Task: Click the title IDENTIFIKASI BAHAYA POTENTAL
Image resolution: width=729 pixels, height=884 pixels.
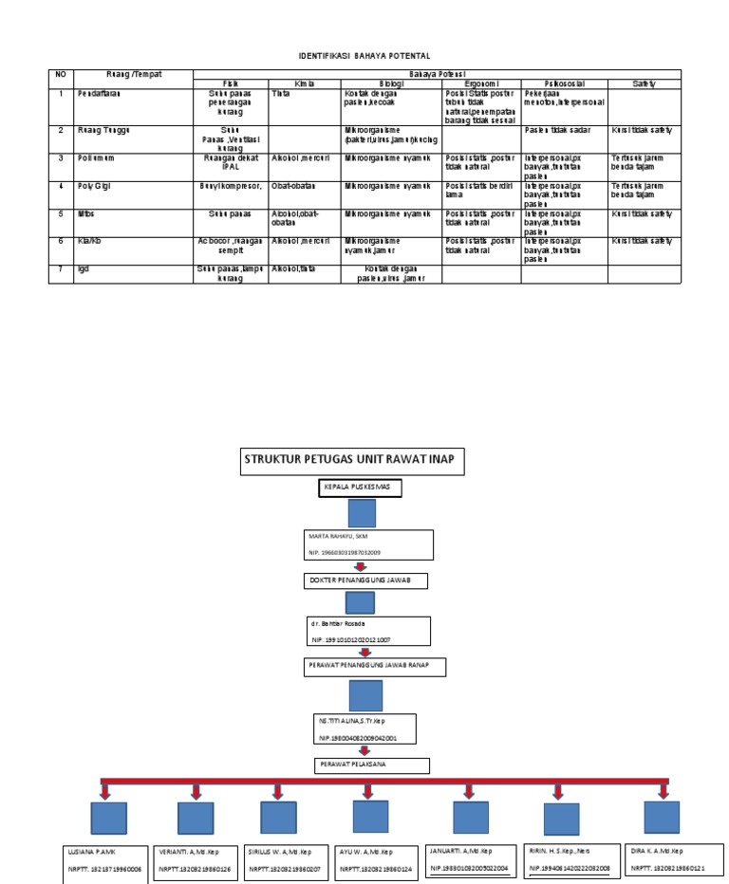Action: (364, 57)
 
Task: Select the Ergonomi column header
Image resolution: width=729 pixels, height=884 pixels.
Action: (480, 84)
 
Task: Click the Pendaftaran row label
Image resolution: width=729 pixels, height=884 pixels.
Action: (100, 94)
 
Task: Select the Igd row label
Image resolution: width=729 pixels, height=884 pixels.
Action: (85, 269)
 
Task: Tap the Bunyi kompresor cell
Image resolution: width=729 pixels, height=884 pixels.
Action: (230, 186)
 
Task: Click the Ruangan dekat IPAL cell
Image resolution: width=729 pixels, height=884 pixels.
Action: (230, 162)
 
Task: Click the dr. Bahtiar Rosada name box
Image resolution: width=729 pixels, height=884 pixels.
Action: (366, 632)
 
